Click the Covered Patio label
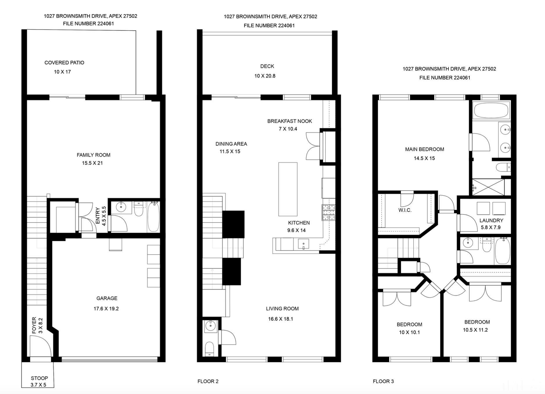tap(64, 63)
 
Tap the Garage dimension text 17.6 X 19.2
tap(106, 309)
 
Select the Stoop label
tap(39, 378)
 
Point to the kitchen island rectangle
tap(288, 189)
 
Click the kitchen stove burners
tap(329, 212)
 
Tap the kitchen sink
tap(303, 244)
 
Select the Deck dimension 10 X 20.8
tap(265, 76)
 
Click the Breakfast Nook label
tap(289, 121)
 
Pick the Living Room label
tap(282, 309)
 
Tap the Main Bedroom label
tap(424, 149)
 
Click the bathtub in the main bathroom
tap(491, 110)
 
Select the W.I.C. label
tap(405, 210)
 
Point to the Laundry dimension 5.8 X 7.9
tap(491, 227)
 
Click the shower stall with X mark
tap(488, 187)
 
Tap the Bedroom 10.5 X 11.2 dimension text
tap(475, 330)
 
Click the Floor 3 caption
tap(383, 381)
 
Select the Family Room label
tap(93, 155)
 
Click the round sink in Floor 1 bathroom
tap(121, 207)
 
